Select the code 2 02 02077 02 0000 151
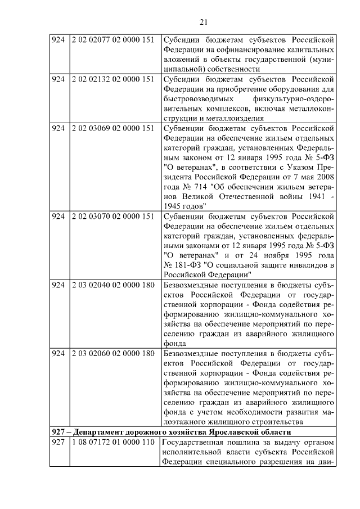(x=112, y=40)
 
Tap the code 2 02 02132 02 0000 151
(x=112, y=79)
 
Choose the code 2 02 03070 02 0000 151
(x=112, y=216)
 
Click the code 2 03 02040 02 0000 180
(x=112, y=285)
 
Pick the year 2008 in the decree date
(x=326, y=177)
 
